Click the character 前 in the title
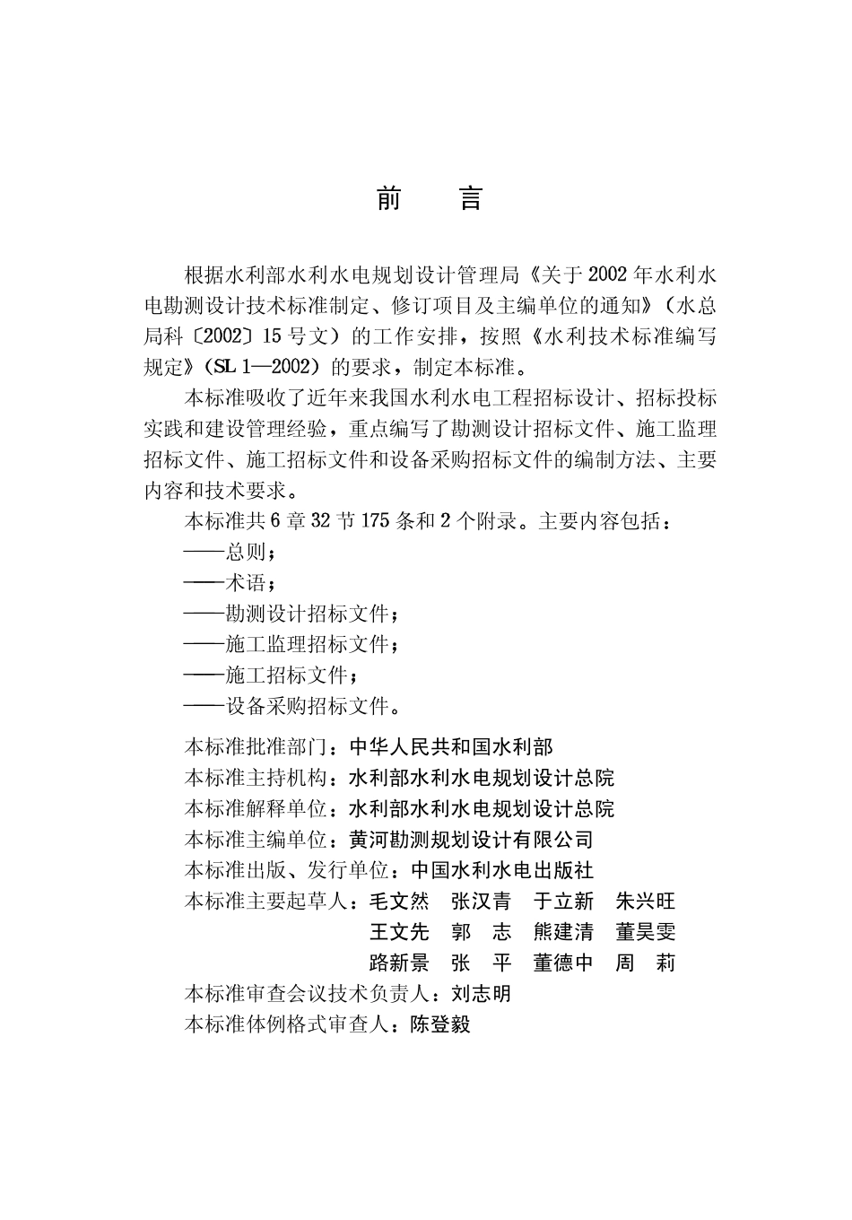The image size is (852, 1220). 388,199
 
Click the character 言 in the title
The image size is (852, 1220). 470,199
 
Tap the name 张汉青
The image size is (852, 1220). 482,902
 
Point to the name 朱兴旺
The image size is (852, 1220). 646,902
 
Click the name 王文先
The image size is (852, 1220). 400,932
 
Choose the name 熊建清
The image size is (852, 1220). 563,932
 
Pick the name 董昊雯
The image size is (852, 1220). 646,932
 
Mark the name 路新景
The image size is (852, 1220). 400,963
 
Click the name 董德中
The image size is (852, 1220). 563,963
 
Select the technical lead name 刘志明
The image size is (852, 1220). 482,994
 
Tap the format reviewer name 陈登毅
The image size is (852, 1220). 440,1024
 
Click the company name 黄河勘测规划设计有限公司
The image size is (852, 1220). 471,840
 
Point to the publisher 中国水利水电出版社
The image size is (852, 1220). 502,870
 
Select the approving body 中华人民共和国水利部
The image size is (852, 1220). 451,746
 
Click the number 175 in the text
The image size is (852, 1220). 376,521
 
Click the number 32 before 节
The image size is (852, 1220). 320,521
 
